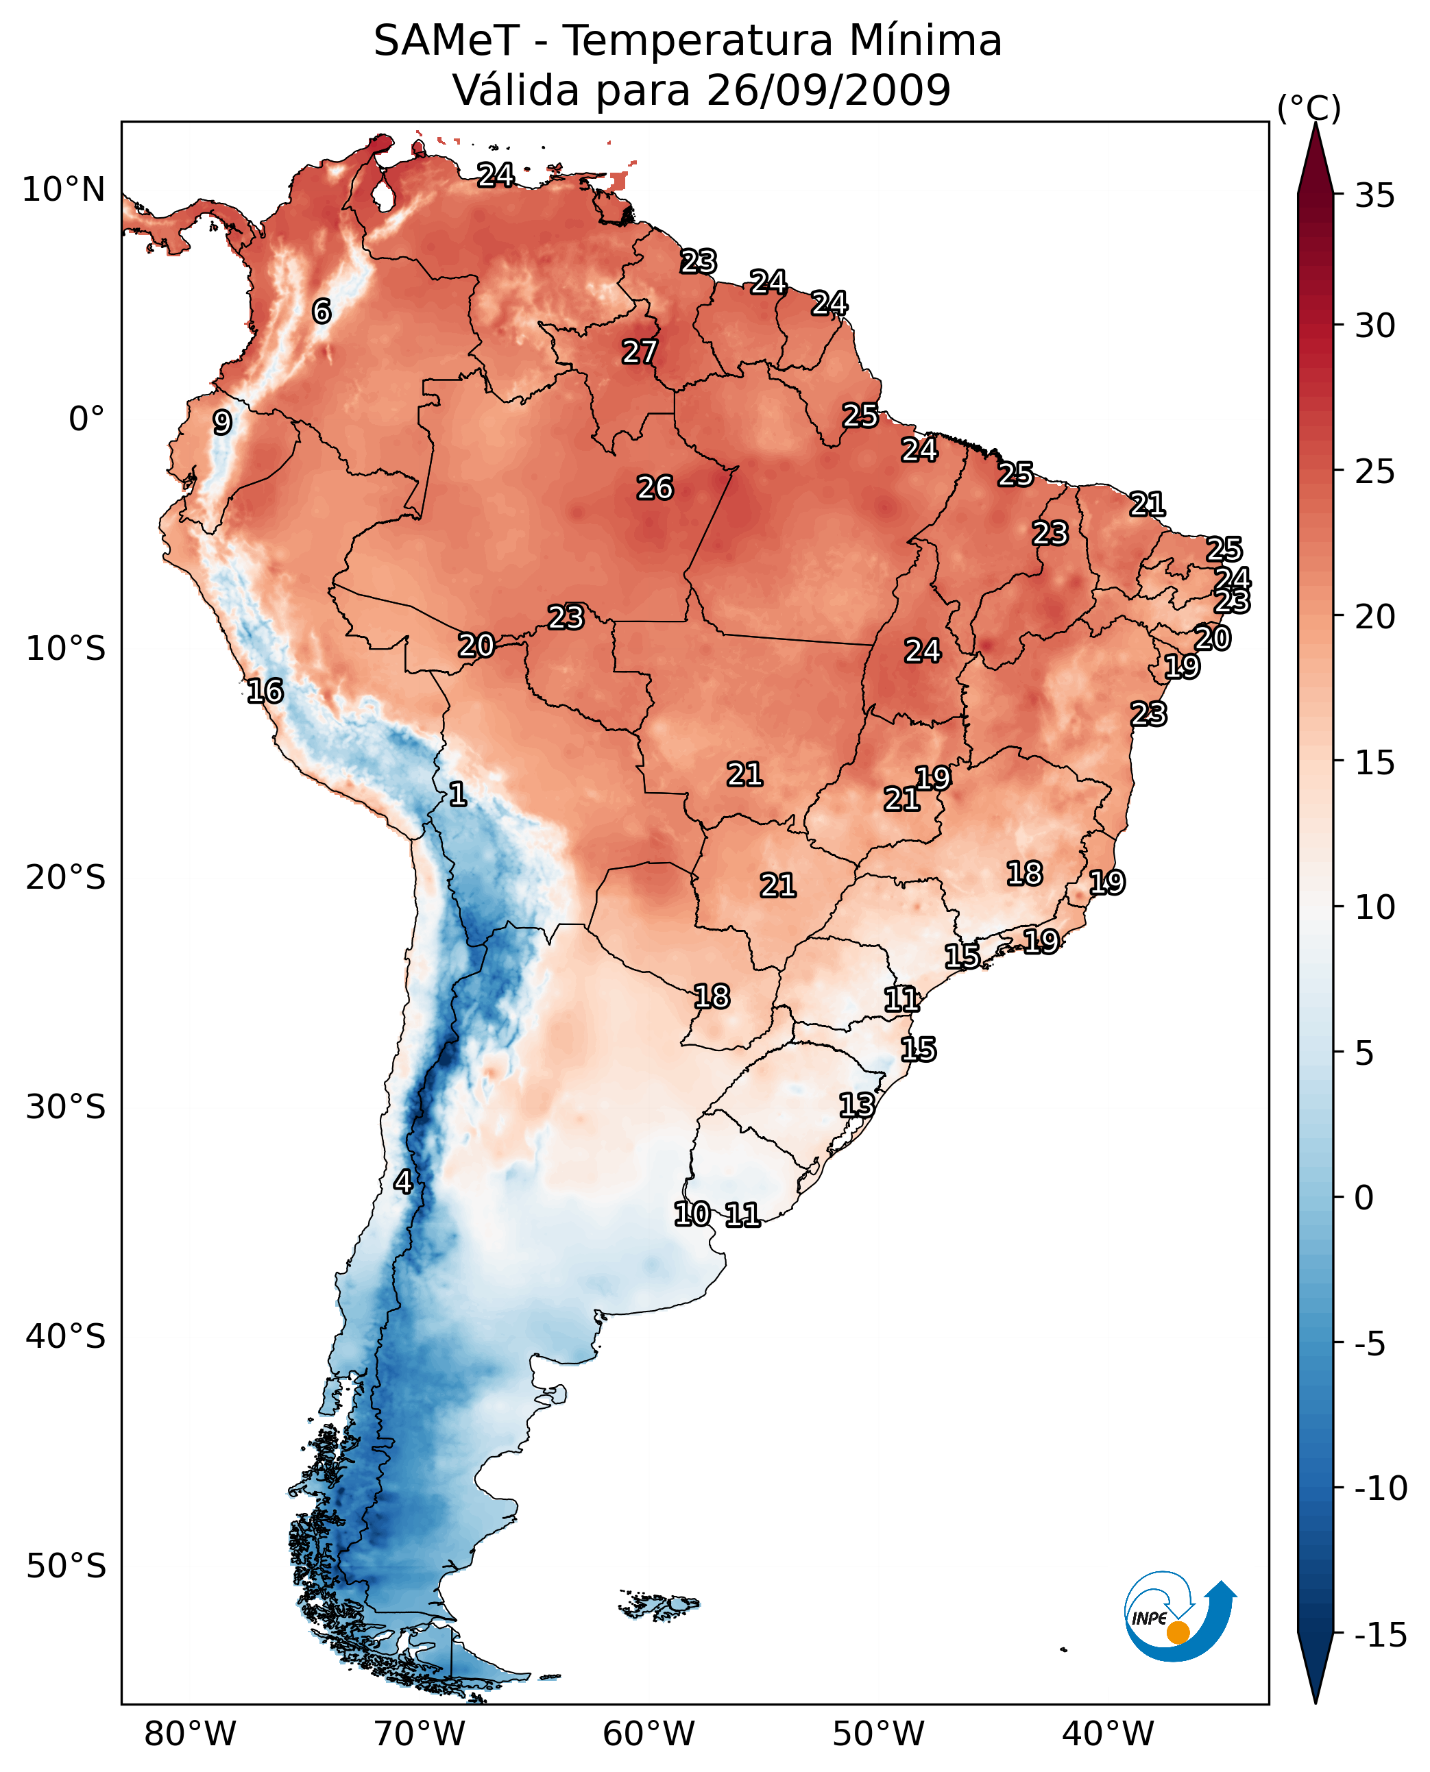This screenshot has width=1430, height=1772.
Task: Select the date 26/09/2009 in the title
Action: [x=828, y=90]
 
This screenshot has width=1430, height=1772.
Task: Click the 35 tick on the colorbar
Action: [x=1374, y=196]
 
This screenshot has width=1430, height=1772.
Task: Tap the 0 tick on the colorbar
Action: [x=1364, y=1198]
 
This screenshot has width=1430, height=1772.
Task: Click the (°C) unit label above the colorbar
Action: [x=1309, y=108]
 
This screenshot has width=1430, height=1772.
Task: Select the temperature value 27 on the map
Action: [x=639, y=352]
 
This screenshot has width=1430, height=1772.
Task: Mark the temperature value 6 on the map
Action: [x=322, y=311]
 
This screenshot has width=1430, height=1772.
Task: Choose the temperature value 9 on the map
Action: [x=222, y=422]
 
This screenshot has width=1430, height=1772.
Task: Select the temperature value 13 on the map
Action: [x=857, y=1105]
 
